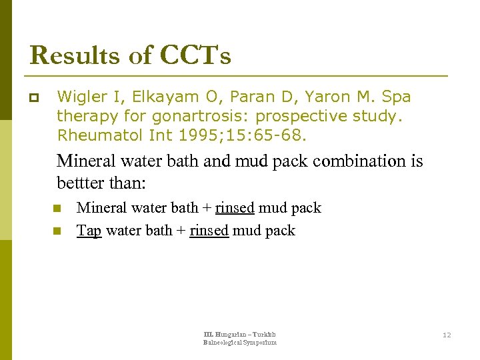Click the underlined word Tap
tap(89, 231)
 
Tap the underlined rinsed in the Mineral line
tap(235, 208)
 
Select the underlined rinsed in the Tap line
tap(209, 231)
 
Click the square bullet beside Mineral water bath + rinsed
tap(57, 209)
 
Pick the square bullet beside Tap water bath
tap(57, 231)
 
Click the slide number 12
tap(447, 335)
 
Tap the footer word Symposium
tap(259, 343)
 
